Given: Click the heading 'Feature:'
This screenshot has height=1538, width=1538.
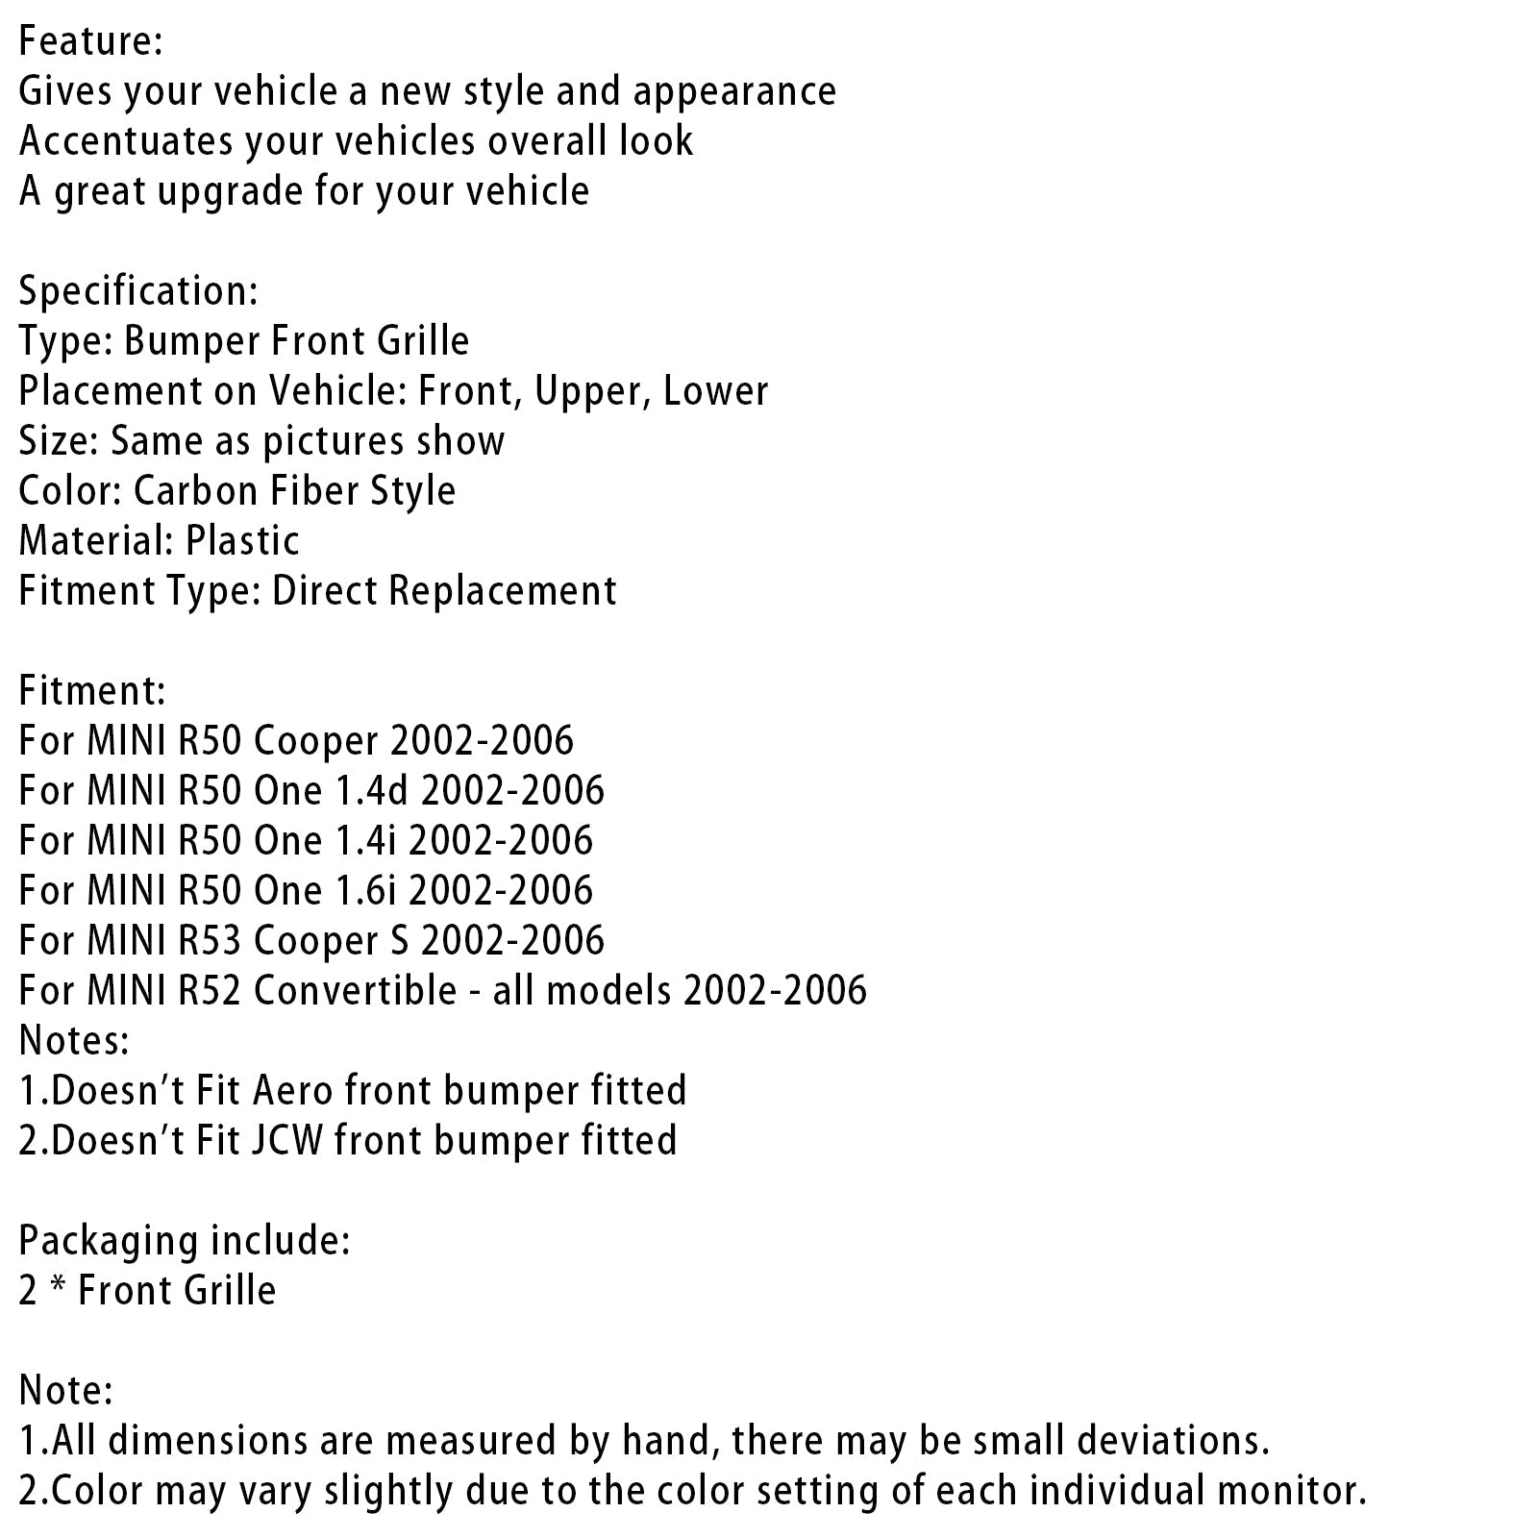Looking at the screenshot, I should [90, 41].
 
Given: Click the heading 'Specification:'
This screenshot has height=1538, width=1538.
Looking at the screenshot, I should [138, 291].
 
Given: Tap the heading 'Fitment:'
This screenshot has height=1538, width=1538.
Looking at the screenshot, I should [92, 691].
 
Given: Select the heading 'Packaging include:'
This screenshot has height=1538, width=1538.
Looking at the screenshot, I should [185, 1241].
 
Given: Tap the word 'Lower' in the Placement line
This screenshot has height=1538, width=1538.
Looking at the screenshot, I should [716, 391].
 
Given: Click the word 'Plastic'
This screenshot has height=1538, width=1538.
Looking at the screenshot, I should [243, 541].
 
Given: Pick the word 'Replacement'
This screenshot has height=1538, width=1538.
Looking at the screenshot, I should [502, 591].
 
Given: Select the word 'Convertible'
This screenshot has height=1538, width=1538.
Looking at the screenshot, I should [355, 991].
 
